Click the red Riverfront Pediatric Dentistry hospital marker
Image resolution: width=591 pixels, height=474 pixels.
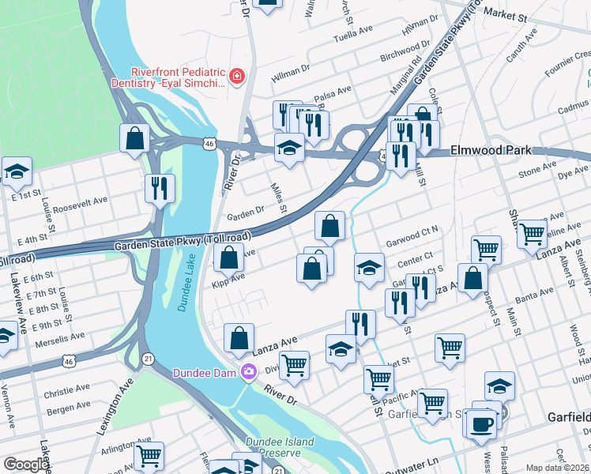pos(236,76)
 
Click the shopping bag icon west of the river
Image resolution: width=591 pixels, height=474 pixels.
pos(135,137)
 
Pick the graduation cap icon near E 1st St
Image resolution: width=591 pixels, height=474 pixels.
pos(16,171)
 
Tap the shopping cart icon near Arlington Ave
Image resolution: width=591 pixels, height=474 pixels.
pos(149,456)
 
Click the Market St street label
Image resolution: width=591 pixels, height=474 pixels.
pos(506,15)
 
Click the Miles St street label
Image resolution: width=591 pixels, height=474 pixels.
pos(278,198)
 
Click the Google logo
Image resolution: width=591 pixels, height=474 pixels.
pos(26,465)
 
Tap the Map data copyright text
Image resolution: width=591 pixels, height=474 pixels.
pos(557,468)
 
